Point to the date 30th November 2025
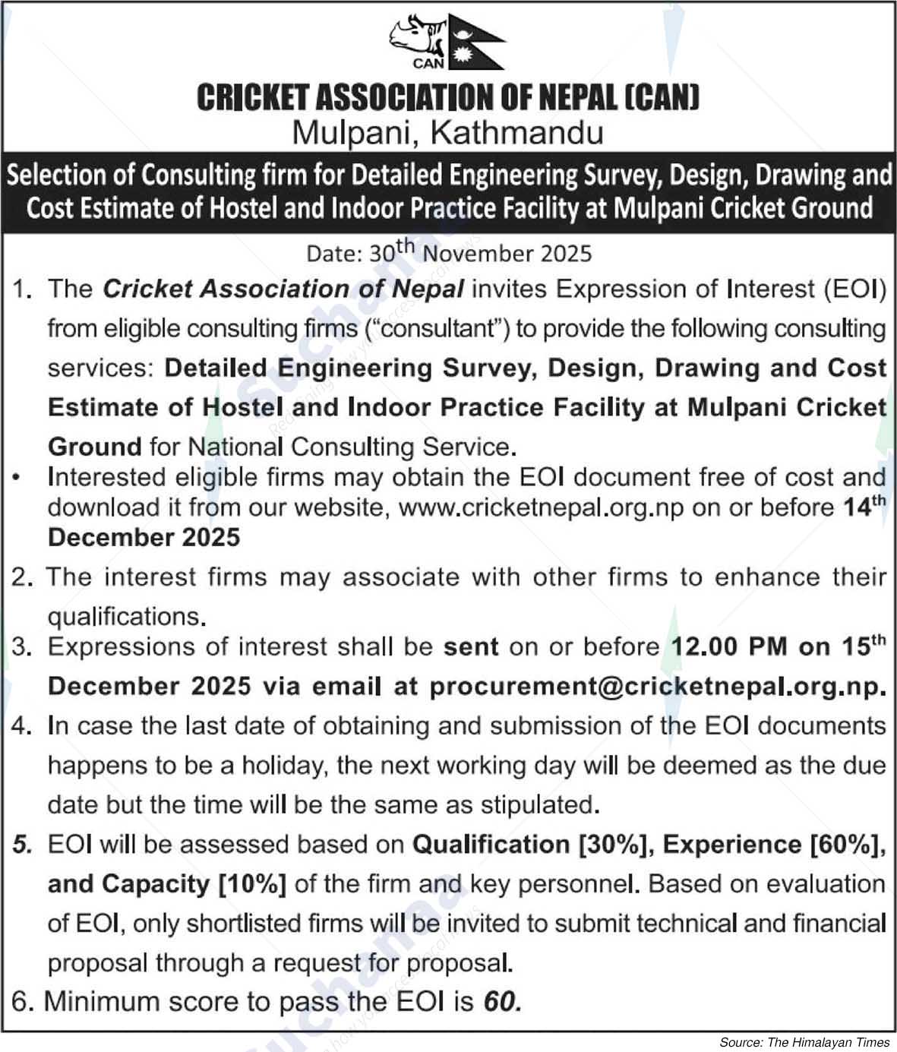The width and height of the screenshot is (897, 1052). click(479, 253)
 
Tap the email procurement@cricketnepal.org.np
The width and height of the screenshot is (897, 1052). click(658, 687)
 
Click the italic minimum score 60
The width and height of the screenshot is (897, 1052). click(501, 1002)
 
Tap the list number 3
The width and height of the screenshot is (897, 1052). click(21, 647)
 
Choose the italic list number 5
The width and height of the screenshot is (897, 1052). click(22, 845)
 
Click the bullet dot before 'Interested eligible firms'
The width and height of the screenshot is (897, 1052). click(16, 478)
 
